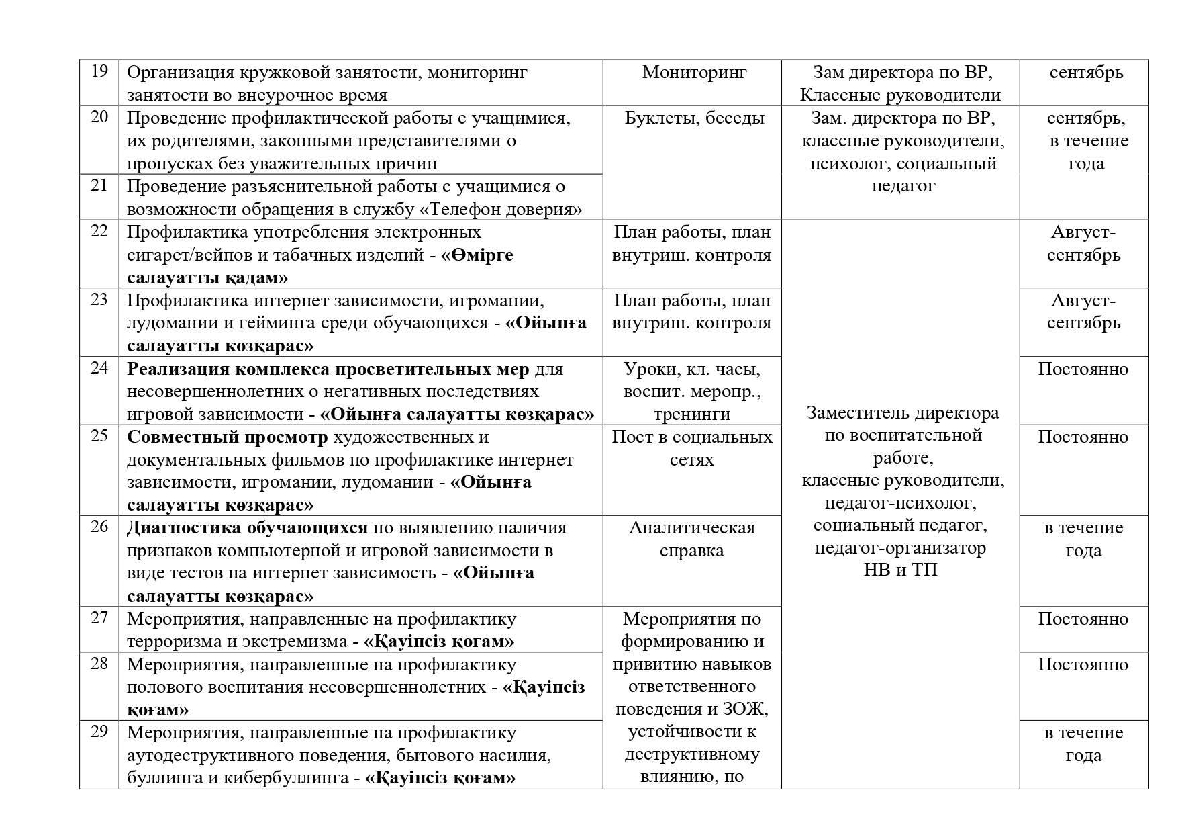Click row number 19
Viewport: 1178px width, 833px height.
pyautogui.click(x=99, y=71)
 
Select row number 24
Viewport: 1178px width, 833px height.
pyautogui.click(x=99, y=368)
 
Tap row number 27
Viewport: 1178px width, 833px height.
pyautogui.click(x=99, y=618)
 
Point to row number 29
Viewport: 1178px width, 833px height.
pyautogui.click(x=99, y=732)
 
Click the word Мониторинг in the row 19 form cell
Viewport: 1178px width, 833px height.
pyautogui.click(x=694, y=72)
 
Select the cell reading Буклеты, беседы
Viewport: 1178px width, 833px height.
pyautogui.click(x=694, y=118)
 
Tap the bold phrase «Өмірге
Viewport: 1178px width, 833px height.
pyautogui.click(x=477, y=255)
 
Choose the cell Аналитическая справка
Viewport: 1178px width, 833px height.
pyautogui.click(x=692, y=539)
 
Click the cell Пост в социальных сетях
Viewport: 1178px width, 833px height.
pyautogui.click(x=692, y=448)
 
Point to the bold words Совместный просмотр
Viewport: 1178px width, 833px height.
pyautogui.click(x=228, y=437)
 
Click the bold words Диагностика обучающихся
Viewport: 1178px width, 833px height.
pyautogui.click(x=247, y=528)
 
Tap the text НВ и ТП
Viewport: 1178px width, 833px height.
pyautogui.click(x=900, y=570)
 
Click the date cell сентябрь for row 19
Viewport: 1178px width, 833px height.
pyautogui.click(x=1085, y=72)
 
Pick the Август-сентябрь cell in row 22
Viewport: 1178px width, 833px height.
pyautogui.click(x=1083, y=244)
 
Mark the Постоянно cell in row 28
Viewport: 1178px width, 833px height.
pyautogui.click(x=1083, y=664)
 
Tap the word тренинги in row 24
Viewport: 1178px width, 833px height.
pyautogui.click(x=692, y=414)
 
